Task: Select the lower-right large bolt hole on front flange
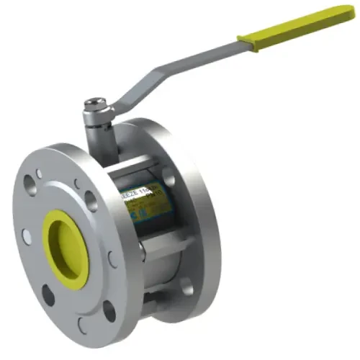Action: tap(109, 310)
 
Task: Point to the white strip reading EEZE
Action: tap(129, 193)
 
